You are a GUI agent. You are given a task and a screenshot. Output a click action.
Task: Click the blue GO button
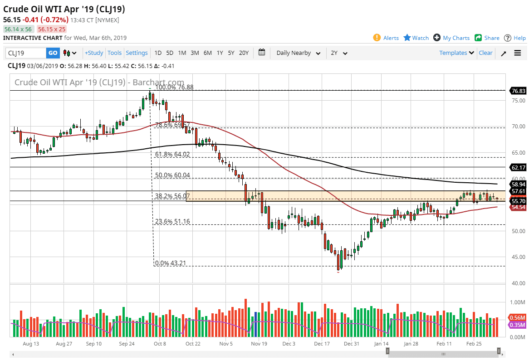pos(53,53)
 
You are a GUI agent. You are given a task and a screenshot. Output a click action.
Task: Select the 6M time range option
pos(207,53)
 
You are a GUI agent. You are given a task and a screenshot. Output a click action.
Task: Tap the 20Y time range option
pos(244,53)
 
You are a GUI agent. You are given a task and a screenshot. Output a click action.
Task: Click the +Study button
pos(94,53)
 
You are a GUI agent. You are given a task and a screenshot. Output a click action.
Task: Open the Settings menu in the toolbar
pos(137,53)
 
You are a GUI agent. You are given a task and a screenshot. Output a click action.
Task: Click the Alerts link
pos(386,38)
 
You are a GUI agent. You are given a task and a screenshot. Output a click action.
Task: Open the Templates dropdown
pos(456,53)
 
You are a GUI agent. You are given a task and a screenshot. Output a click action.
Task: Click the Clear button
pos(485,53)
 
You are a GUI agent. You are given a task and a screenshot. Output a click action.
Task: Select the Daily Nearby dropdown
pos(299,53)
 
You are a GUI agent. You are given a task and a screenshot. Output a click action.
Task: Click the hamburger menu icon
pos(518,53)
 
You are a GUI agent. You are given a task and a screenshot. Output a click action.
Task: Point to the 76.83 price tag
pos(518,91)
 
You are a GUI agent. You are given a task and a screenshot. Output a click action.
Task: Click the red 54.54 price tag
pos(518,207)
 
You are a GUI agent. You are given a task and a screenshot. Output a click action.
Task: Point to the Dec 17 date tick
pos(321,344)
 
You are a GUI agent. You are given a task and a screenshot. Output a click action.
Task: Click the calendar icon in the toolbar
pos(262,53)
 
